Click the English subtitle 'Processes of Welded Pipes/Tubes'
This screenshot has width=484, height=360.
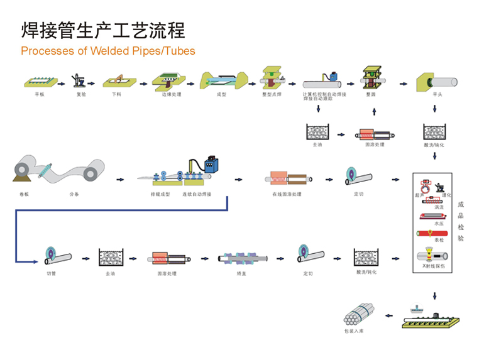(x=108, y=51)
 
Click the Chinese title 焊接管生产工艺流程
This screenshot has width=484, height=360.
(x=104, y=30)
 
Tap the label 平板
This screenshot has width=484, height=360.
(x=40, y=94)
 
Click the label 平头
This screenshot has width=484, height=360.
(x=437, y=94)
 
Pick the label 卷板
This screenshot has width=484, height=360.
(x=25, y=194)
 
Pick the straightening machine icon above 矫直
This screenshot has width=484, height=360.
(x=244, y=258)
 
